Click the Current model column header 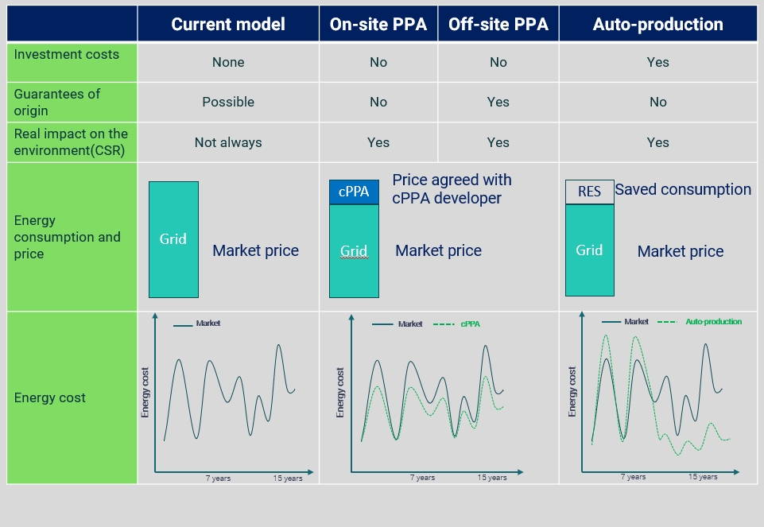228,24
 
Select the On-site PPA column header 378,24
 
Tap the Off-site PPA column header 498,24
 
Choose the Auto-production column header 657,24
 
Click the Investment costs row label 67,55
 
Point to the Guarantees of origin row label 57,102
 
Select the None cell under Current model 228,62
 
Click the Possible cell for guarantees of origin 228,102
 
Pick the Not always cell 228,142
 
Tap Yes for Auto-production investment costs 657,62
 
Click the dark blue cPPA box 354,192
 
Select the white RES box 589,192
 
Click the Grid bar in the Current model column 173,239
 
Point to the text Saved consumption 683,189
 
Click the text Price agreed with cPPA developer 452,189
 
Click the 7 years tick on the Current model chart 218,479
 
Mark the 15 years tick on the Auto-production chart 703,477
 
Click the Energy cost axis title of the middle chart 340,392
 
